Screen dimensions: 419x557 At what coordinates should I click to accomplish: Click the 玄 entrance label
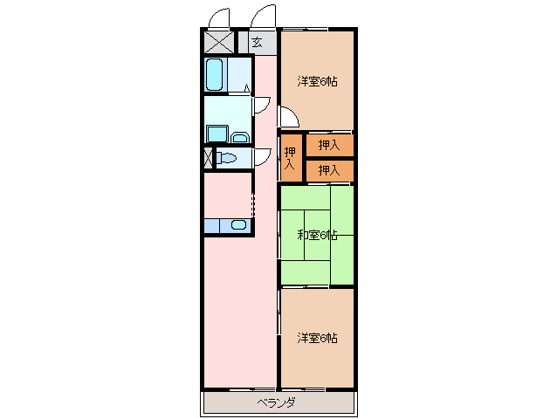(x=257, y=42)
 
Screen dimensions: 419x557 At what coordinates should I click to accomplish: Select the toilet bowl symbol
(x=229, y=158)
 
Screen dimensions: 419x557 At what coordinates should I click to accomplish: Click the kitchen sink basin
(x=237, y=225)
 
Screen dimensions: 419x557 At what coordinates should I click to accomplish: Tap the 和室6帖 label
(x=317, y=235)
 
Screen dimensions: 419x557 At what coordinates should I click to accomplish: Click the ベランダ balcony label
(x=276, y=402)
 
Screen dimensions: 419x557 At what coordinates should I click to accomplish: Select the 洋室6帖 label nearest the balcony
(x=317, y=337)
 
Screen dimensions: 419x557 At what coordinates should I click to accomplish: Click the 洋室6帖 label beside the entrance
(x=317, y=81)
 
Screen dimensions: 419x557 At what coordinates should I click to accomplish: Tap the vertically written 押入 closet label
(x=290, y=157)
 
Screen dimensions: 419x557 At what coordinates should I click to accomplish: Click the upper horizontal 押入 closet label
(x=328, y=145)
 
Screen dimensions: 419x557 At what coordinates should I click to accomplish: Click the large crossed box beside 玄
(x=219, y=42)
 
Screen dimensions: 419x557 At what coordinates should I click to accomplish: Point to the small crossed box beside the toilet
(x=208, y=158)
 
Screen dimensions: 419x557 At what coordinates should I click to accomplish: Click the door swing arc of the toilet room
(x=260, y=155)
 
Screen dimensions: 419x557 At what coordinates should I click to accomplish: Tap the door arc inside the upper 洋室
(x=289, y=116)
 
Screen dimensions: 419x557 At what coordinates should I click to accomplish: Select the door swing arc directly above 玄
(x=262, y=16)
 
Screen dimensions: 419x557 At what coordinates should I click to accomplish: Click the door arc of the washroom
(x=260, y=104)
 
